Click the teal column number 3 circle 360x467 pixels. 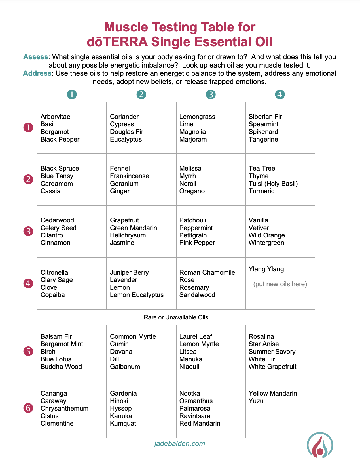[211, 94]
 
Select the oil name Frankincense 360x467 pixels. [129, 176]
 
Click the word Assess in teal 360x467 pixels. [35, 57]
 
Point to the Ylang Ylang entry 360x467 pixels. [266, 269]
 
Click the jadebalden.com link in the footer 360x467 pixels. [179, 444]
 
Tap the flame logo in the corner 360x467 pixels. [320, 445]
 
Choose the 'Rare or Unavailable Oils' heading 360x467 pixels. [176, 317]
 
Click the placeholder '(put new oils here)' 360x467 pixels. [280, 284]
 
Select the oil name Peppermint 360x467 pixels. [196, 228]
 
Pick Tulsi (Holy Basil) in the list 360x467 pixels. [273, 184]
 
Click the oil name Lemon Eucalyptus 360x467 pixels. [137, 295]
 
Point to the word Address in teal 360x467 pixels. [37, 73]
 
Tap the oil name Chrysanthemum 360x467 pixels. [64, 408]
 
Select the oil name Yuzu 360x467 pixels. [256, 401]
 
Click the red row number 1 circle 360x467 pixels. [28, 128]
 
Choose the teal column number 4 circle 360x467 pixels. [280, 94]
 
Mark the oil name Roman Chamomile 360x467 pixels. [207, 272]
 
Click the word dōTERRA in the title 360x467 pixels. [117, 42]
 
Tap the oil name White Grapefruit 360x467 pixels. [272, 367]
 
